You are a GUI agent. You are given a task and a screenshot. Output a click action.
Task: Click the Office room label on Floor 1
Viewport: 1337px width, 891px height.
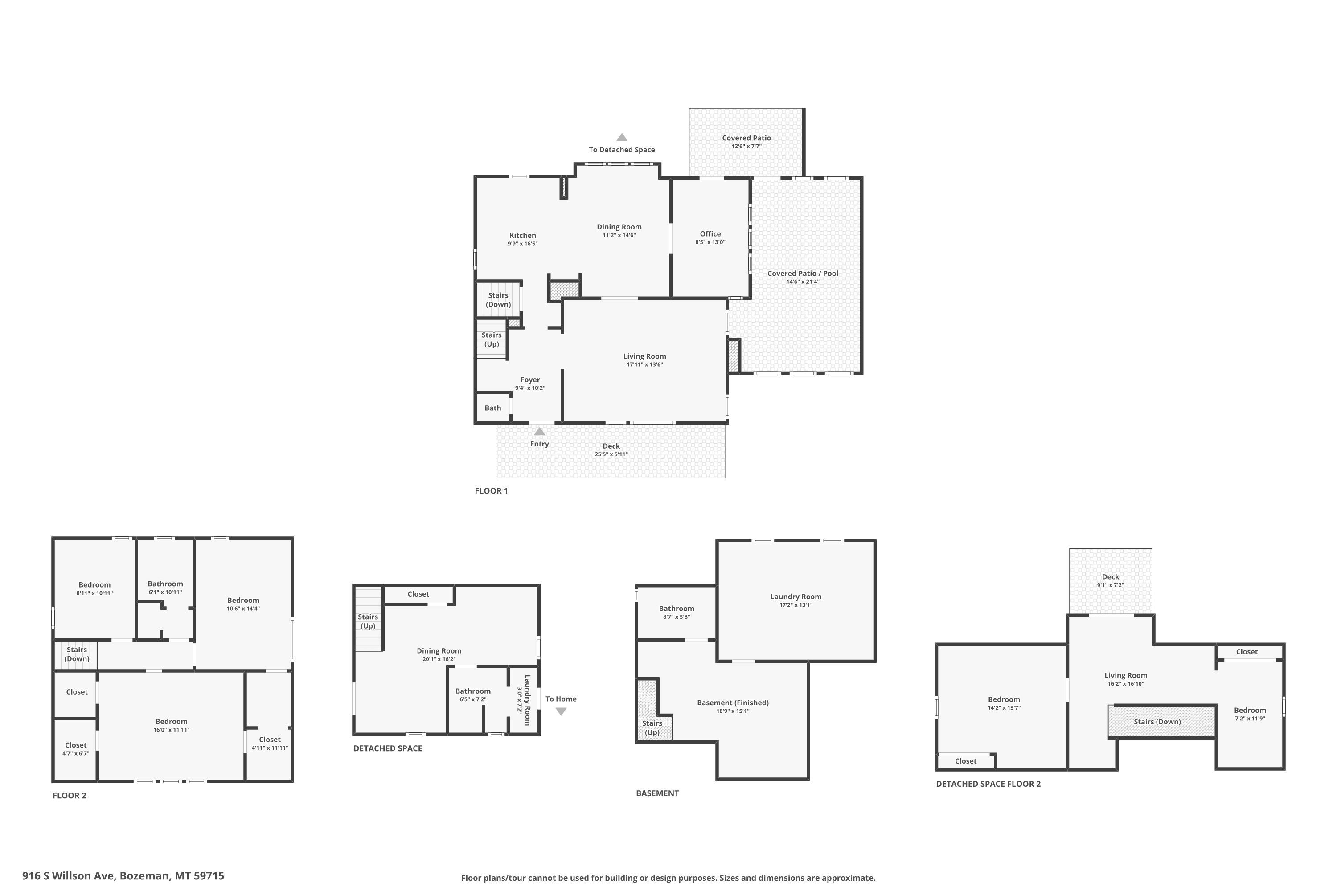point(710,233)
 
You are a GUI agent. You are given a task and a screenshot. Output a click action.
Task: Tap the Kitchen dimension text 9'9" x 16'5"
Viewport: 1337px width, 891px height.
point(522,244)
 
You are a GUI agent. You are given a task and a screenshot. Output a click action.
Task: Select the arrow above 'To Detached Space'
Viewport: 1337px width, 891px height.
point(622,137)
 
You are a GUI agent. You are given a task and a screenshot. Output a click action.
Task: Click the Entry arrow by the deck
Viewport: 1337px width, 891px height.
point(539,431)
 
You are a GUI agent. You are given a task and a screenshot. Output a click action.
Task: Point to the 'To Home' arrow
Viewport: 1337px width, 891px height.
point(561,711)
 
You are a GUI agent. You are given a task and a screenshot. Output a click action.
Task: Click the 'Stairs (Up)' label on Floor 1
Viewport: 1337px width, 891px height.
point(492,339)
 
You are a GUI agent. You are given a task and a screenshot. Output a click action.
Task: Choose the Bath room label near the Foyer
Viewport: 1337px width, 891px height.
point(493,408)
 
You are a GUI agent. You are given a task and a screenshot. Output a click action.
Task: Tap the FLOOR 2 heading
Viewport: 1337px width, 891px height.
point(70,796)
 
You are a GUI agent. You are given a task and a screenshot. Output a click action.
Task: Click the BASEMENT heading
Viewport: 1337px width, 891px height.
point(657,793)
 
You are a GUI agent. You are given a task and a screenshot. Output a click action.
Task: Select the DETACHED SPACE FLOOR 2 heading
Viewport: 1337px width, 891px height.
point(988,784)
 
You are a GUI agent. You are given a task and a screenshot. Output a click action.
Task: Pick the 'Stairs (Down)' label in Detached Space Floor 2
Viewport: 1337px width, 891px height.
point(1157,722)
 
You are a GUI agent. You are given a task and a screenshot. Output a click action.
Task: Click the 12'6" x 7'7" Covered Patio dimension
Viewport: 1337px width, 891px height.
point(746,147)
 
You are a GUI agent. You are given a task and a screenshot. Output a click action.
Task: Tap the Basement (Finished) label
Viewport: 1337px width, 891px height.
point(733,703)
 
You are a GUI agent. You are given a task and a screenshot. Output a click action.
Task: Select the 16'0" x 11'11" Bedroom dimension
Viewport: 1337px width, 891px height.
point(171,730)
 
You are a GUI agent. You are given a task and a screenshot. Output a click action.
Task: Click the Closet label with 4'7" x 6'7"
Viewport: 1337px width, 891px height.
point(76,745)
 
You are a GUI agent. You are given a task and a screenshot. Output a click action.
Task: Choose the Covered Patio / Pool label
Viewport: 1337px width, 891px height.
point(803,274)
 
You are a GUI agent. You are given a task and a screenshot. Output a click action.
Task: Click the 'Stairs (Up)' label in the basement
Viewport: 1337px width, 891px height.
point(652,728)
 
